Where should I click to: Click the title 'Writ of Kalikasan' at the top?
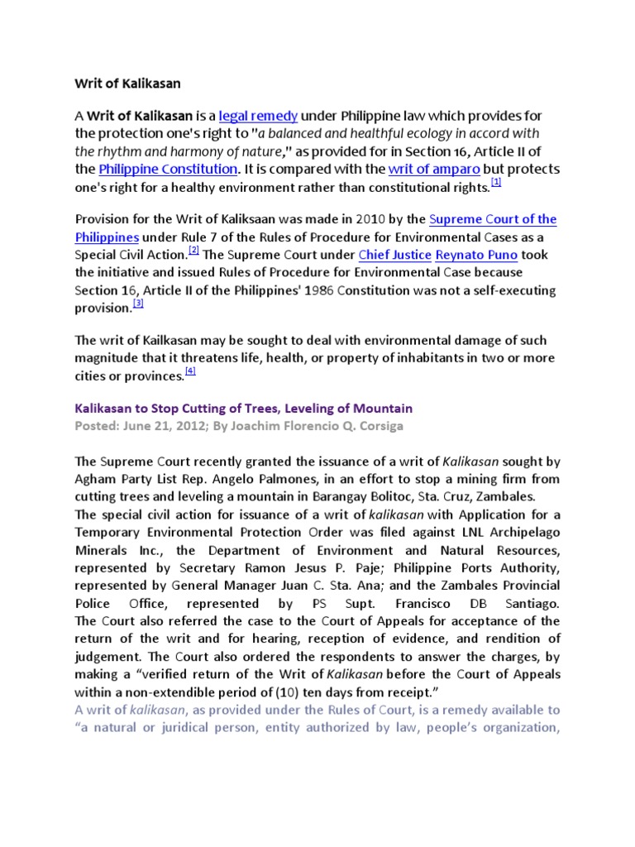tap(127, 84)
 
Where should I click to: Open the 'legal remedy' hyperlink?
tap(258, 115)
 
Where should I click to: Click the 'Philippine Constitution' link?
tap(168, 169)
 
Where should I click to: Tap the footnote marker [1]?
tap(496, 183)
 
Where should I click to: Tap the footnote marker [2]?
tap(193, 250)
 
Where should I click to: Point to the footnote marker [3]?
tap(138, 304)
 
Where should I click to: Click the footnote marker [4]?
tap(190, 371)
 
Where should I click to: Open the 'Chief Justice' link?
tap(394, 255)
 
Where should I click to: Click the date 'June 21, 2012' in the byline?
tap(160, 425)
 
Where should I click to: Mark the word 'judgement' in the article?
tap(110, 657)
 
